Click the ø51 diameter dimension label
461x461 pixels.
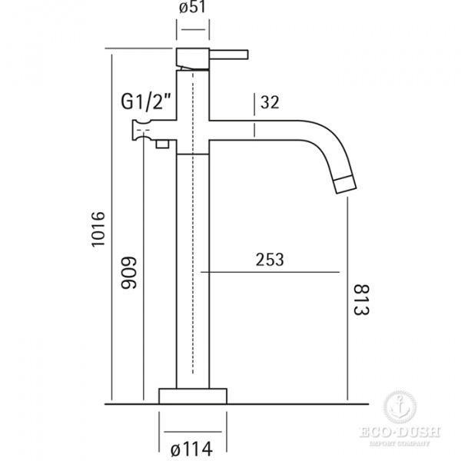pyautogui.click(x=192, y=8)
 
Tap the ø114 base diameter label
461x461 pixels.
pyautogui.click(x=191, y=449)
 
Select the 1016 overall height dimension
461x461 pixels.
pyautogui.click(x=98, y=230)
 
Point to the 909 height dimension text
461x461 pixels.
pyautogui.click(x=129, y=273)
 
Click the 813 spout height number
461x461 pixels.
pyautogui.click(x=360, y=300)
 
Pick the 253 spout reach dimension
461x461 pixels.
pyautogui.click(x=270, y=260)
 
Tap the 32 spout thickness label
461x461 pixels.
pyautogui.click(x=270, y=102)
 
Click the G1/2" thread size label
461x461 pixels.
pyautogui.click(x=146, y=101)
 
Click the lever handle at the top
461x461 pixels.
pyautogui.click(x=229, y=55)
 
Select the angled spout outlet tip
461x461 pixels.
pyautogui.click(x=346, y=184)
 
